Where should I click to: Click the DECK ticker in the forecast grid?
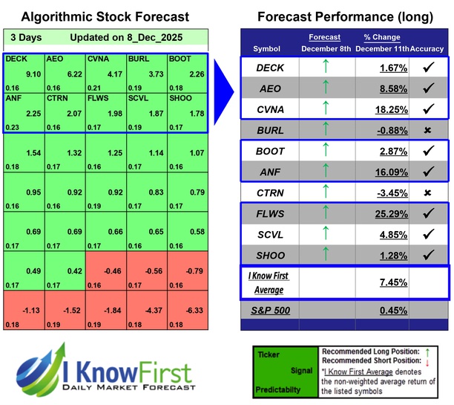click(x=16, y=58)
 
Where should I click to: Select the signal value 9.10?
click(x=33, y=74)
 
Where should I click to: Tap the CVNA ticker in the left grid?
click(x=97, y=58)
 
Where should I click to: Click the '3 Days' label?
click(x=27, y=37)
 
